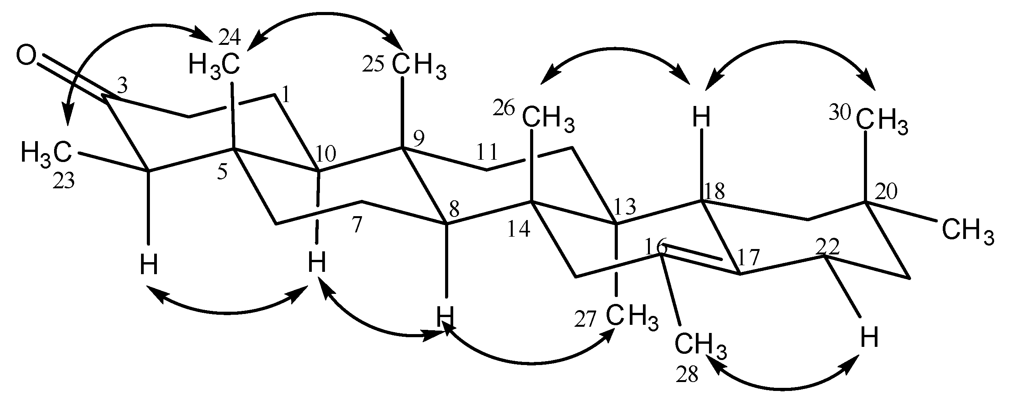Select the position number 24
(x=229, y=38)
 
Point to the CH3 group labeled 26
(x=549, y=120)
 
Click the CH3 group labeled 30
(x=882, y=123)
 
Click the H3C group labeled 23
(x=46, y=153)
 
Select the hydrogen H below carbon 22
(x=869, y=338)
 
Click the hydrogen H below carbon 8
(x=446, y=317)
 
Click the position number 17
(x=748, y=258)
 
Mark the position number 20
(x=885, y=192)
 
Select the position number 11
(x=487, y=152)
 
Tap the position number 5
(x=222, y=173)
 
